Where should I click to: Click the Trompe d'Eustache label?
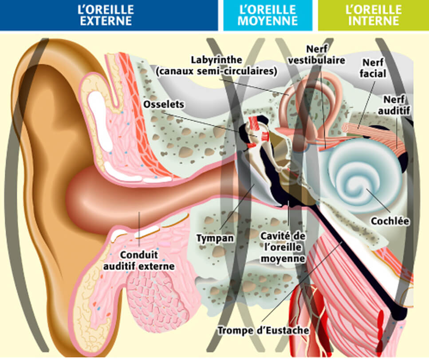[263, 331]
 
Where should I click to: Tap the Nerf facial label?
[374, 68]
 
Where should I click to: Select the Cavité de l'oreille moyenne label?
[283, 246]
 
